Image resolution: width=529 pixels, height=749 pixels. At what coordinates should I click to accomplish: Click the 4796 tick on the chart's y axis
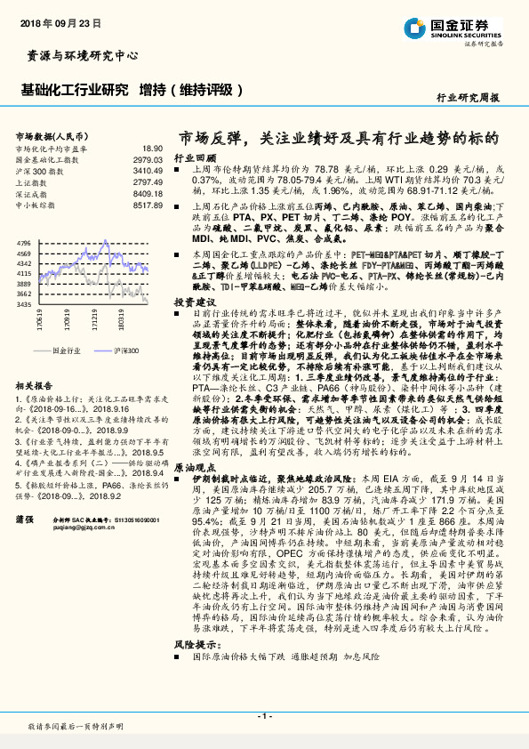click(24, 242)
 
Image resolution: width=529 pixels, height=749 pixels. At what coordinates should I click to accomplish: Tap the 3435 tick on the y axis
click(24, 304)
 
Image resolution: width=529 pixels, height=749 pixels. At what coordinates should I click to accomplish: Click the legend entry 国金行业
click(67, 351)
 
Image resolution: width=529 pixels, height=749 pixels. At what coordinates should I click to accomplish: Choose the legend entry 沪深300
click(125, 351)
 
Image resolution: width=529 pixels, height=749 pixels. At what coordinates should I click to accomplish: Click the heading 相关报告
click(36, 387)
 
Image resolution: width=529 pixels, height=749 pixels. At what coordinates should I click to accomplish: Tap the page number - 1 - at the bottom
click(264, 716)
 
